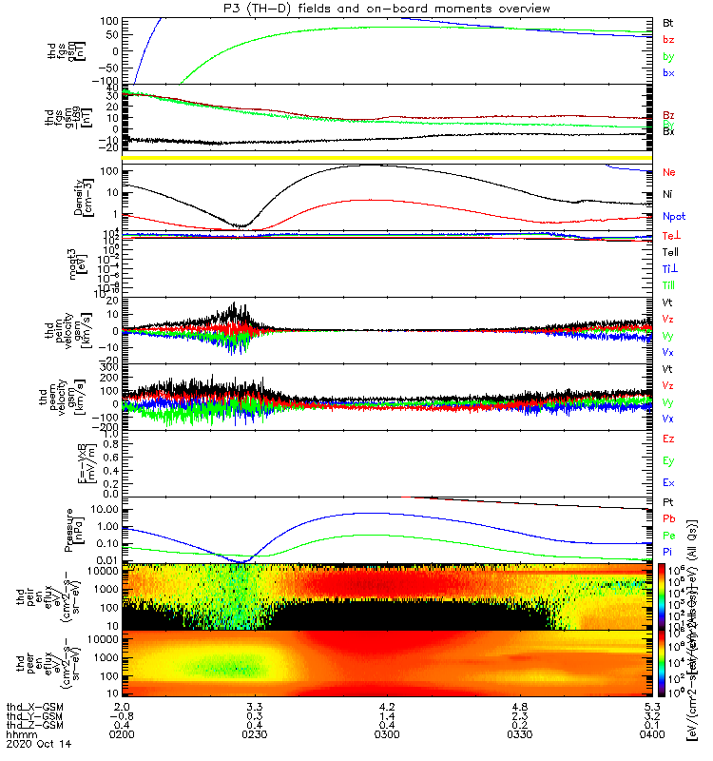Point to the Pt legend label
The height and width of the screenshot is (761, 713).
coord(668,501)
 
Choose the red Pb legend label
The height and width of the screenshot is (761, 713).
coord(669,518)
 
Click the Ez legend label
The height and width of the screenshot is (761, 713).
coord(669,439)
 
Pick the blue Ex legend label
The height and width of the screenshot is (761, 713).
coord(669,483)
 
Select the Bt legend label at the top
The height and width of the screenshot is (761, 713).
coord(668,22)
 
